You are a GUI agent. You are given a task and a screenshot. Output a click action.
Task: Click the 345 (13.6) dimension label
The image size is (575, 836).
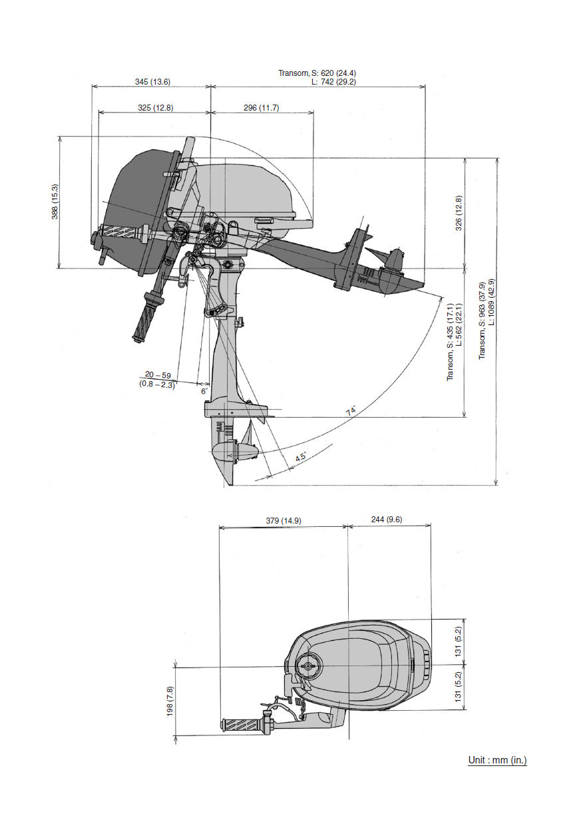coord(152,81)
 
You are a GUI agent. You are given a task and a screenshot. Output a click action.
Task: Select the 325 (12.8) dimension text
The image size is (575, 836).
coord(155,107)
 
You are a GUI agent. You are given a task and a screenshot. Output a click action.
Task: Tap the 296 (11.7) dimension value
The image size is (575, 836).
coord(261,107)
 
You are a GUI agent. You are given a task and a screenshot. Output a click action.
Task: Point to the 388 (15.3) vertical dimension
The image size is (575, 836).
coord(55,202)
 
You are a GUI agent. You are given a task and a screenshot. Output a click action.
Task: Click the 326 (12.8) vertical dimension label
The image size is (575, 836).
coord(458,213)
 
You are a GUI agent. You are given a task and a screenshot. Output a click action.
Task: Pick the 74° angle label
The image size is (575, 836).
coord(351,411)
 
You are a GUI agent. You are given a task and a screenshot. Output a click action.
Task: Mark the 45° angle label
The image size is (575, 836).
coord(301,457)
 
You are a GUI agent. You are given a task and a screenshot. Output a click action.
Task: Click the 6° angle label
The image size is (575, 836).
coord(204,391)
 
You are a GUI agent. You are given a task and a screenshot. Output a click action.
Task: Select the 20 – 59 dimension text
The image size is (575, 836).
coord(158,375)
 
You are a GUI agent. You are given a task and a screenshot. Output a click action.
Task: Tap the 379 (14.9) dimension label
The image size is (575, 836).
coord(282,520)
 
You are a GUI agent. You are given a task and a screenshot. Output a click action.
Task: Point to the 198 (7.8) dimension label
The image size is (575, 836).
coord(170,701)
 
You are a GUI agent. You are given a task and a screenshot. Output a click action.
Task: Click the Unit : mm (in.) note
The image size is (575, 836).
coord(497,760)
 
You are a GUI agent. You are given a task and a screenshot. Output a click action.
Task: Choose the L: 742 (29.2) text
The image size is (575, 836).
coord(333,81)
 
